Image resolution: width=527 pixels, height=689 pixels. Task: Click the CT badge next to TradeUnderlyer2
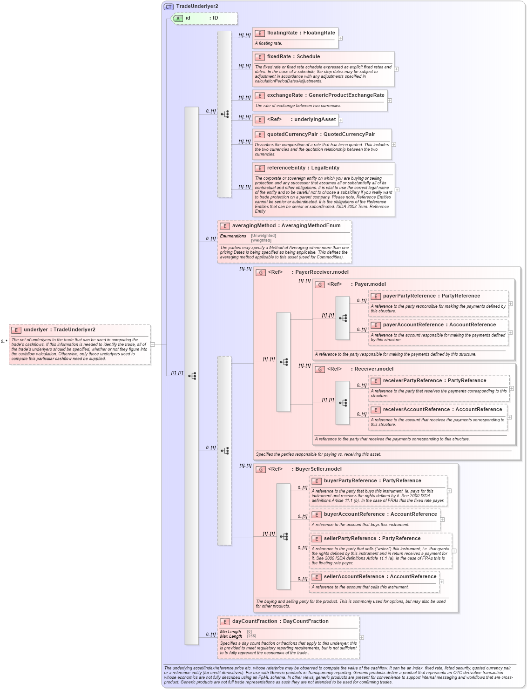169,7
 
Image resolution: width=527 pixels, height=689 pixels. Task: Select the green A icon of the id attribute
178,18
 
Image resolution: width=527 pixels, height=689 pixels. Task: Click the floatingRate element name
282,33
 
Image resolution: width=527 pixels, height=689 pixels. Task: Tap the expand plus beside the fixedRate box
396,69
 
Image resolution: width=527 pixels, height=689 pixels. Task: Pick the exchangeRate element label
284,95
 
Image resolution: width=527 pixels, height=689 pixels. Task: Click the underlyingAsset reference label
315,120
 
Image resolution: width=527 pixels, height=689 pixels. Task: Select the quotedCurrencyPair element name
292,135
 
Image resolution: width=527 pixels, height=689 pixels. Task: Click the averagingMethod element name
254,226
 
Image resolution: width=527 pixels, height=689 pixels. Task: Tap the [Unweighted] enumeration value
263,236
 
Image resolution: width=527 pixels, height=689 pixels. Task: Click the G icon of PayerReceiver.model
261,272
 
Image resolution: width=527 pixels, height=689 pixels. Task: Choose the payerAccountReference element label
413,325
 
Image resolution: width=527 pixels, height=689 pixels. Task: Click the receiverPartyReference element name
414,381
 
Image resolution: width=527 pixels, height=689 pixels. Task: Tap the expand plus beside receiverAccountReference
509,417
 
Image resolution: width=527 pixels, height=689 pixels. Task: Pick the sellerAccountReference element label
354,577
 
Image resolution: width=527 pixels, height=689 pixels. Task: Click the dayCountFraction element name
255,621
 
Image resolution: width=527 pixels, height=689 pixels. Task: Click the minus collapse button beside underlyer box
152,344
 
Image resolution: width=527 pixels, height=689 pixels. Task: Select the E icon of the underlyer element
16,330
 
